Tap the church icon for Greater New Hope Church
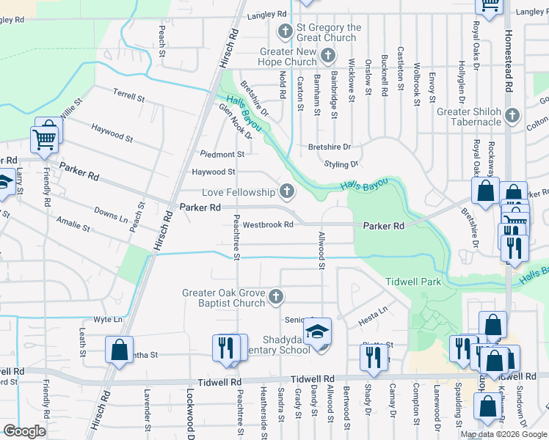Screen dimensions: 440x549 click(x=328, y=56)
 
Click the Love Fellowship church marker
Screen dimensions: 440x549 click(x=286, y=192)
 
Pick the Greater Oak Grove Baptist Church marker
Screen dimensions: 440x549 click(x=275, y=297)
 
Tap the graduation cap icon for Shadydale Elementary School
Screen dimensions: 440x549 click(x=319, y=331)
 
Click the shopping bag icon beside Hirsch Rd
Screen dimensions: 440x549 click(x=118, y=351)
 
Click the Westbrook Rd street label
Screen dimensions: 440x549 click(x=268, y=224)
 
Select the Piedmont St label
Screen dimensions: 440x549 click(x=222, y=154)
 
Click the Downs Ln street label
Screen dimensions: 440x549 click(x=111, y=215)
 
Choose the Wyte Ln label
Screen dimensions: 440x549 click(x=108, y=320)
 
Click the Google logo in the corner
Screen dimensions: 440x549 click(x=25, y=431)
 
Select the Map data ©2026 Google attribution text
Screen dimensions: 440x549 click(x=503, y=434)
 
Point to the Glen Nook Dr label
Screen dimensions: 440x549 click(x=236, y=122)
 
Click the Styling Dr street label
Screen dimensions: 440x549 click(x=341, y=164)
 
